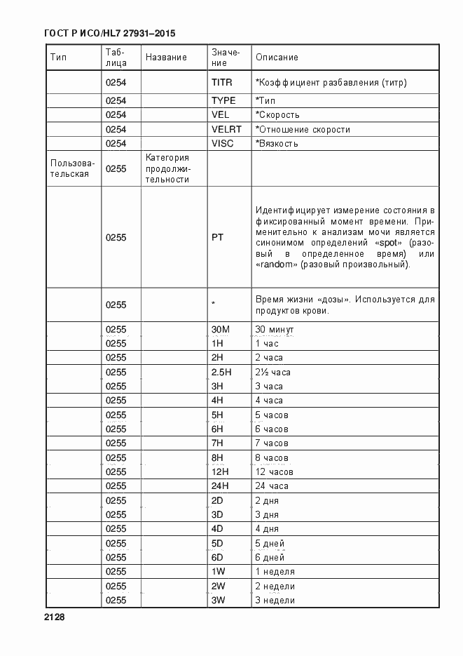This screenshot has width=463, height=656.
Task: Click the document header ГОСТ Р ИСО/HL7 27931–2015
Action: point(110,34)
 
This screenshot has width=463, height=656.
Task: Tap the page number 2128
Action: point(54,617)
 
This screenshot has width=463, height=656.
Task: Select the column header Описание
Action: point(277,58)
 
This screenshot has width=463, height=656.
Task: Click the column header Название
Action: point(166,58)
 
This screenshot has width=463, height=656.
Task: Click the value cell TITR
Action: point(221,82)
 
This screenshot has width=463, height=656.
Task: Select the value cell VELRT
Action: point(226,129)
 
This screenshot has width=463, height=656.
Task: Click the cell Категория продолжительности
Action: point(168,168)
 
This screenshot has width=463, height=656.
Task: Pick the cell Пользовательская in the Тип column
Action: point(69,168)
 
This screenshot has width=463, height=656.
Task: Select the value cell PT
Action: point(217,237)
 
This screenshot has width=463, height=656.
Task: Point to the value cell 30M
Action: point(221,329)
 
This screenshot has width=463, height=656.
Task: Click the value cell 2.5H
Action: point(221,372)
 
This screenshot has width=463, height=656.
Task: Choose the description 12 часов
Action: point(274,471)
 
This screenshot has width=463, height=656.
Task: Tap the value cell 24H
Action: point(220,486)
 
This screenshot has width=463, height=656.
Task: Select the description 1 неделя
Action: point(275,571)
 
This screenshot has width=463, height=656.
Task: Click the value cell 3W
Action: point(218,600)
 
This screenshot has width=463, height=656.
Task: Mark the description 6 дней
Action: point(270,557)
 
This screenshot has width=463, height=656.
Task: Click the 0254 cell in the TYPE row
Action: point(116,100)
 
